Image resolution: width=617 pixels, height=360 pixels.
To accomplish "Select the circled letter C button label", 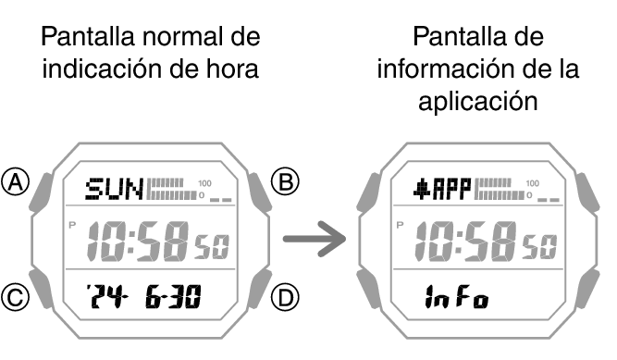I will [15, 297].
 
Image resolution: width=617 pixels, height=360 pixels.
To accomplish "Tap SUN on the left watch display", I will [114, 191].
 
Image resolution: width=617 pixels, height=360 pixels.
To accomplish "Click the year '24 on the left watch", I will [105, 297].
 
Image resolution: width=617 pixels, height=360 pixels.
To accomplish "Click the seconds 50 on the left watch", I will [211, 247].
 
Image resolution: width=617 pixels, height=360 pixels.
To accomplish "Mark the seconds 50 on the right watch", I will [540, 247].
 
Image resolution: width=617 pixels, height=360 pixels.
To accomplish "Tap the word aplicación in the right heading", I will [478, 102].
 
